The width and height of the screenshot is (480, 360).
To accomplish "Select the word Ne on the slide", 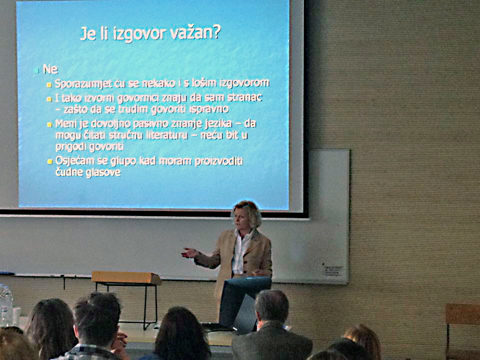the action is tap(50, 69).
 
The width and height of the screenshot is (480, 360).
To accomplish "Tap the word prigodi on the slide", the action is tap(70, 147).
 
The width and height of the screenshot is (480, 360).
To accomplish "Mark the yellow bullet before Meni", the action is tap(49, 124).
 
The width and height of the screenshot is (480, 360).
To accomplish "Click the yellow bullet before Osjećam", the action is tap(49, 161).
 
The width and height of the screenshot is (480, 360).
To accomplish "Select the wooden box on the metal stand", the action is tap(126, 277).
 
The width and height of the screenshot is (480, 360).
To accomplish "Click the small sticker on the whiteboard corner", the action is tap(333, 270).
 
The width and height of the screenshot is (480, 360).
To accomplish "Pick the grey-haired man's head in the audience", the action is tap(272, 306).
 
